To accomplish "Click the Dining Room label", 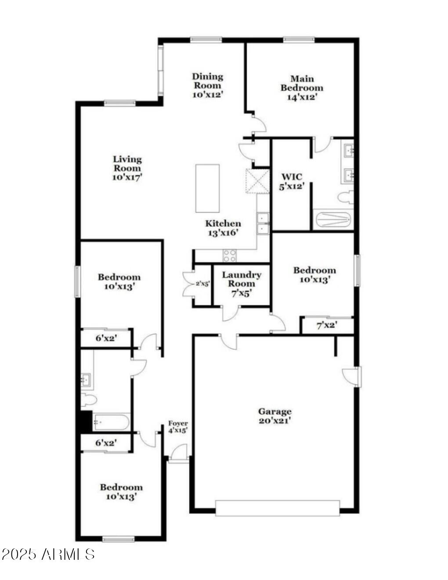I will (208, 85).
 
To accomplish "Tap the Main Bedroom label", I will (302, 88).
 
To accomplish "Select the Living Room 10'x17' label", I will (127, 168).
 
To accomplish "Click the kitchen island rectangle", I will (207, 188).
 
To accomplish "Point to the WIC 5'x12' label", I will (292, 181).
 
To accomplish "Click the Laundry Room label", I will (241, 283).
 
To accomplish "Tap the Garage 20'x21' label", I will (275, 416).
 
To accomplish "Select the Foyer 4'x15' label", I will (178, 427).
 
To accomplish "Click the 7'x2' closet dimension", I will (327, 326).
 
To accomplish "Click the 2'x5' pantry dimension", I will (202, 284).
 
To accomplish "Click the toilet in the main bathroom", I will (346, 197).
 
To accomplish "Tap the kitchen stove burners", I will (230, 255).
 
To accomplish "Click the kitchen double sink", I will (263, 224).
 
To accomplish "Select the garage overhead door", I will (278, 508).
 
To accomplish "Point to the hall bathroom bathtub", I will (111, 423).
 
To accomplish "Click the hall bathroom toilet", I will (88, 399).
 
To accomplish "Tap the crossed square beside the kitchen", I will (257, 181).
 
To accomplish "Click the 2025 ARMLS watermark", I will (48, 554).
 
